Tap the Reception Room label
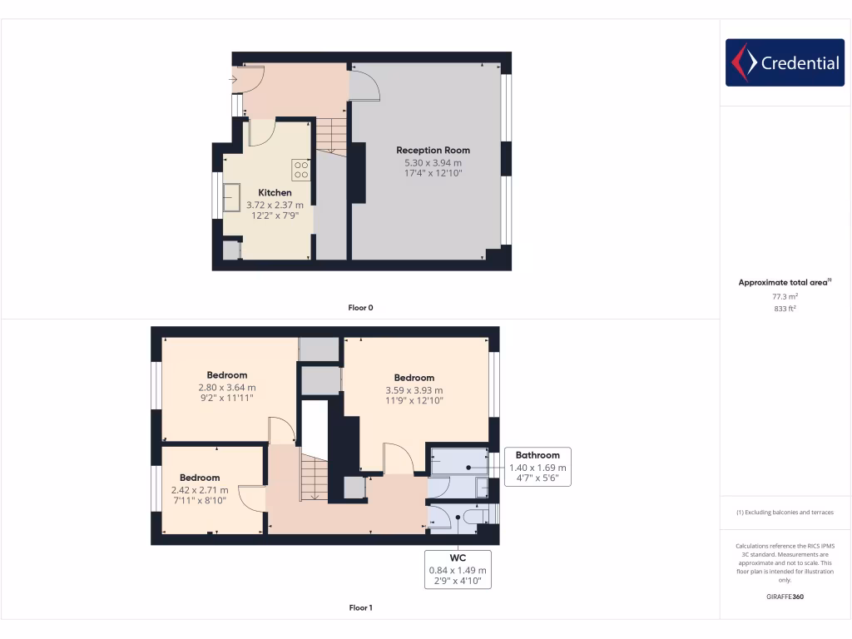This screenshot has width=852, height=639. [433, 151]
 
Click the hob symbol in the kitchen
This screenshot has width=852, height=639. [300, 171]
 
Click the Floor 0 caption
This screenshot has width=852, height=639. [360, 308]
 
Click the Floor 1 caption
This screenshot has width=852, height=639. [360, 608]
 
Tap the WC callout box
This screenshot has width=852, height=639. [458, 569]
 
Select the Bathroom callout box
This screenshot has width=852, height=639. [537, 467]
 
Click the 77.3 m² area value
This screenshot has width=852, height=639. [785, 295]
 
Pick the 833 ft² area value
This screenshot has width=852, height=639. [785, 308]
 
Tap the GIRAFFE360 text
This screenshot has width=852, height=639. [785, 597]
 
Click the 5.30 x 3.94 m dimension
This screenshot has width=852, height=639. [433, 162]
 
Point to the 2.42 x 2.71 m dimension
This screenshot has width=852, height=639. [200, 490]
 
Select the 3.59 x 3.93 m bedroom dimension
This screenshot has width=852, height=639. [414, 389]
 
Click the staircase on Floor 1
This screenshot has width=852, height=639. [315, 478]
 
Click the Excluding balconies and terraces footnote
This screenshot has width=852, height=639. [785, 513]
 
